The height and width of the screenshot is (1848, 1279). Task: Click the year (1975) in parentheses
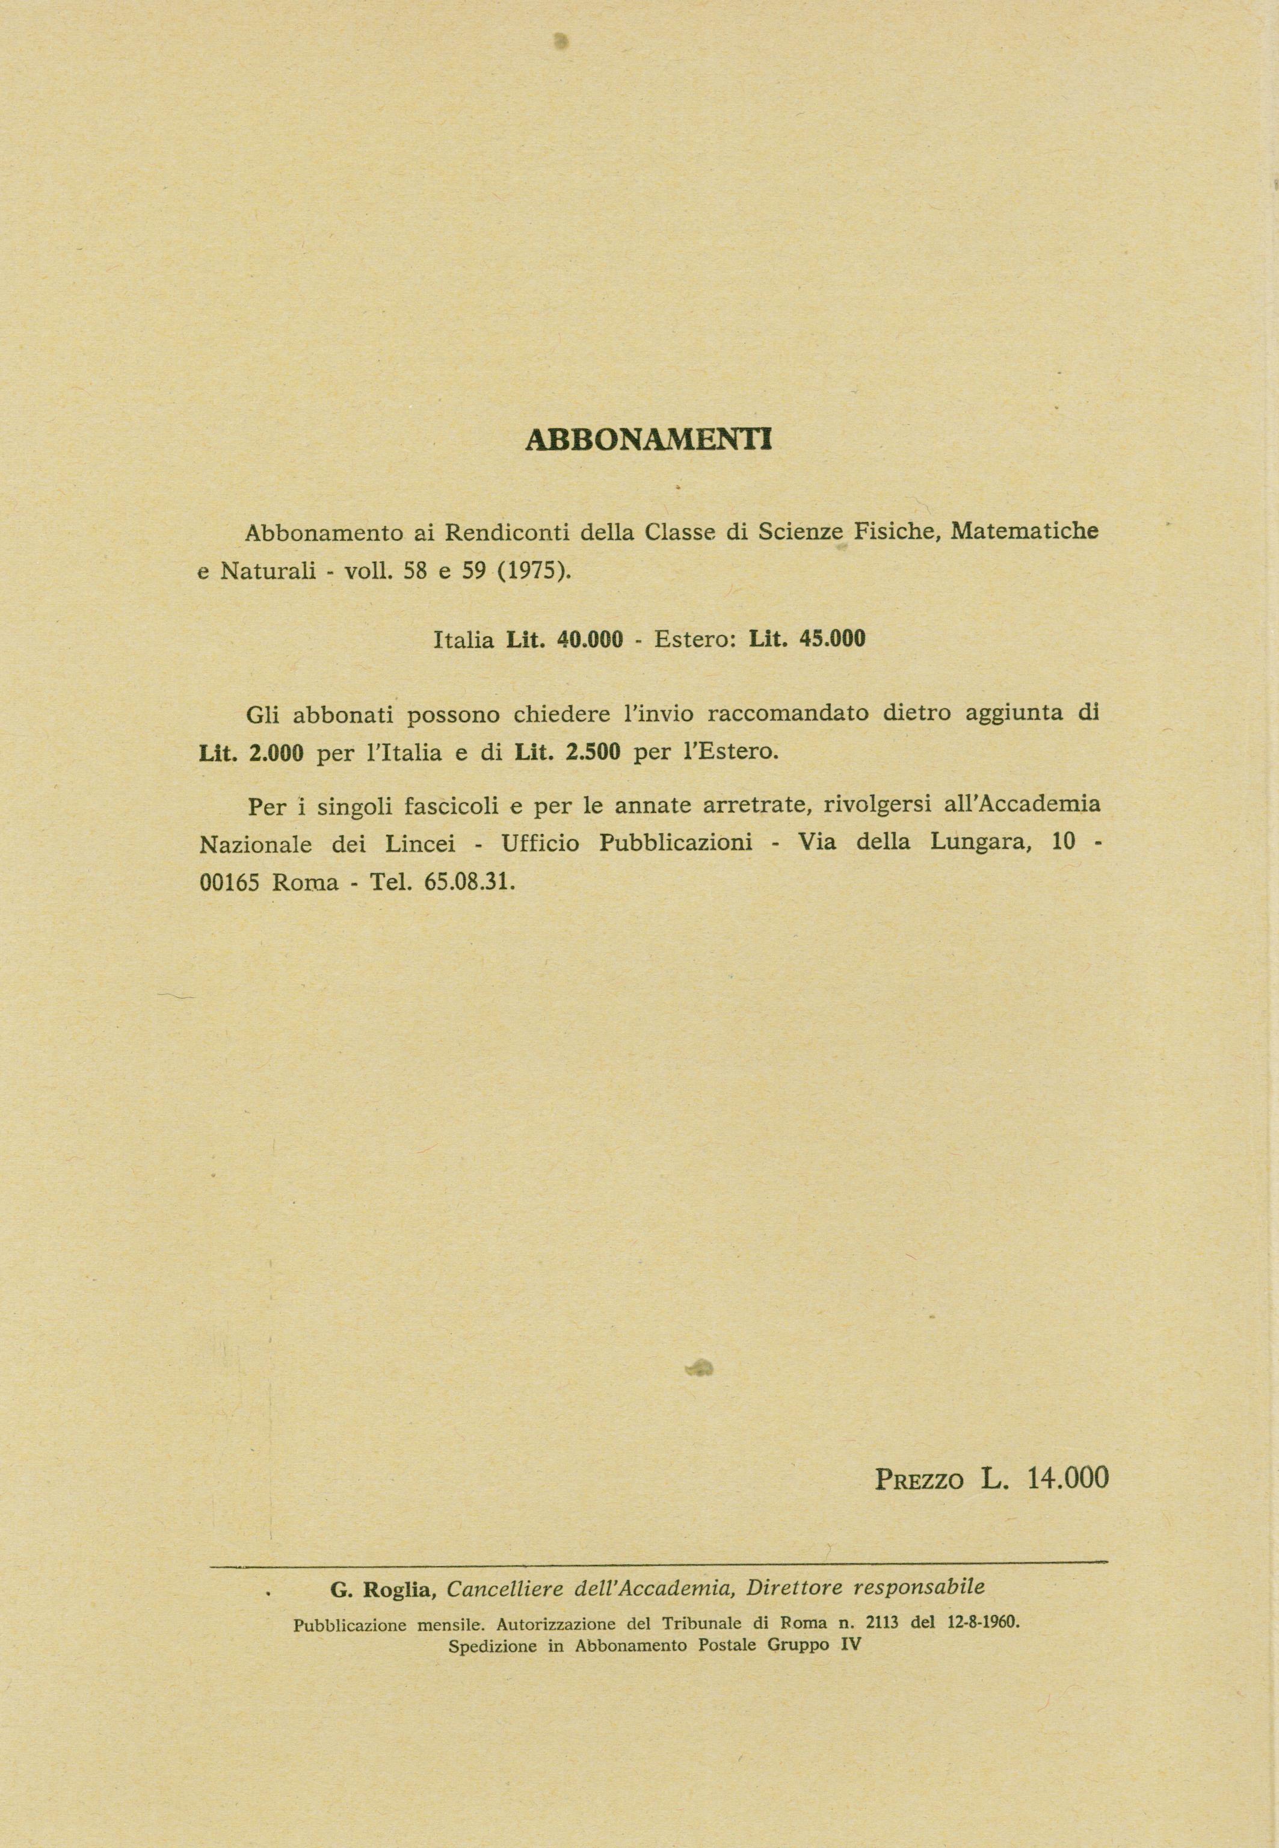(533, 574)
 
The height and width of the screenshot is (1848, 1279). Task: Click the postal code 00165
(230, 883)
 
